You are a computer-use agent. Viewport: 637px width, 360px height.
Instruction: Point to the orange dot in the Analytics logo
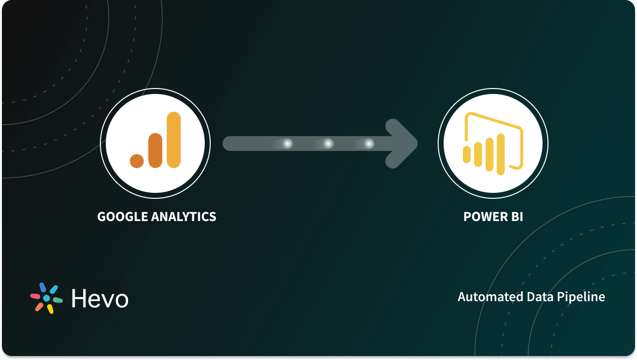[x=137, y=160]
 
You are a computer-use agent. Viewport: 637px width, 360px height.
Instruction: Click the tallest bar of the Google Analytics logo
[x=174, y=139]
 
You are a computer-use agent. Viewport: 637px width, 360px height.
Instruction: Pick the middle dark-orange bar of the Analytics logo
[x=155, y=150]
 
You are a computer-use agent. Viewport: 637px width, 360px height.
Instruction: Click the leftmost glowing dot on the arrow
[x=287, y=143]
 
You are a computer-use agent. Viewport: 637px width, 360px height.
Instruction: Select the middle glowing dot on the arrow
[x=328, y=143]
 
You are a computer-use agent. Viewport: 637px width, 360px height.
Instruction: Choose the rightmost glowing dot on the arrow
[x=369, y=143]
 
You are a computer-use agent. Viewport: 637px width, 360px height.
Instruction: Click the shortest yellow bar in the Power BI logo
[x=466, y=154]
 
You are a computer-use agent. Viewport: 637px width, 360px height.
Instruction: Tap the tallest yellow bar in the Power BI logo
[x=500, y=154]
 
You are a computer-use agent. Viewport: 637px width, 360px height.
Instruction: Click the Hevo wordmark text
[x=100, y=298]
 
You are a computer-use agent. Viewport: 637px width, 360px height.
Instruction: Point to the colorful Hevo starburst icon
[x=46, y=298]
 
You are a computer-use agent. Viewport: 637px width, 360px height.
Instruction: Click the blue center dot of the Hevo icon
[x=46, y=298]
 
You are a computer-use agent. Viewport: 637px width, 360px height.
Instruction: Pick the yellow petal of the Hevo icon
[x=50, y=309]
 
